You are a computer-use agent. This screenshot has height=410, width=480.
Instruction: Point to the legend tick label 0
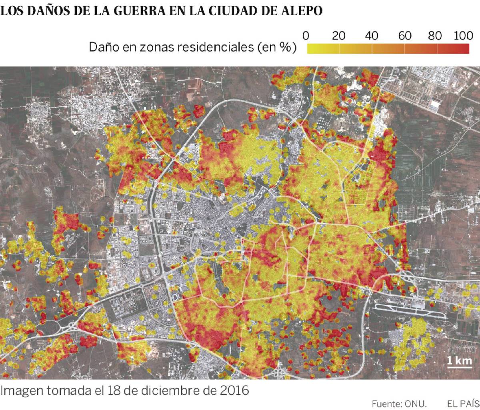306,36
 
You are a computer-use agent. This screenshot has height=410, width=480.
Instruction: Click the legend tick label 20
339,36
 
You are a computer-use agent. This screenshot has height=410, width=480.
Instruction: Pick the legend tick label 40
372,36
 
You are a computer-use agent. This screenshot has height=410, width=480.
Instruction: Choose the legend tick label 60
404,36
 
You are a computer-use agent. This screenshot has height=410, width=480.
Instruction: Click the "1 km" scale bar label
460,361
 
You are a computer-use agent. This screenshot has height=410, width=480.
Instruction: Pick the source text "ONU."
417,402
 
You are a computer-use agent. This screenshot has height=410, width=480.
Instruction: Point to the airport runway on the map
410,311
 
